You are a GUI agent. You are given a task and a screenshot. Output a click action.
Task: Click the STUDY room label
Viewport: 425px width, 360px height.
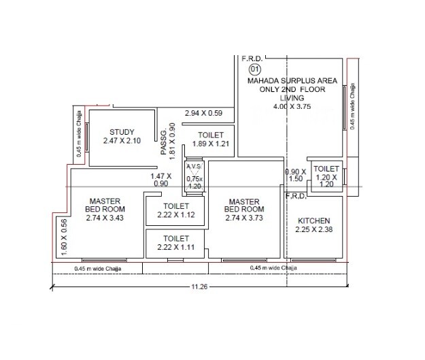122,132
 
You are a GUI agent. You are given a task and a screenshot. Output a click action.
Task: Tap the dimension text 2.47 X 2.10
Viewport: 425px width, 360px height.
122,141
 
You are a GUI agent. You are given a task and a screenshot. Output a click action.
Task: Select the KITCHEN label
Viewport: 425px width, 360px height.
313,221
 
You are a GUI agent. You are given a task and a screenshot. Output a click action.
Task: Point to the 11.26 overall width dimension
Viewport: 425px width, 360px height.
199,287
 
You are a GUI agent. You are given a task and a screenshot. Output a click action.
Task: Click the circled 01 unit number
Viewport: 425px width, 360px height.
255,69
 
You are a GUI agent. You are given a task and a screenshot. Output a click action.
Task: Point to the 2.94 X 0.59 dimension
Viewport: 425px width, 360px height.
204,113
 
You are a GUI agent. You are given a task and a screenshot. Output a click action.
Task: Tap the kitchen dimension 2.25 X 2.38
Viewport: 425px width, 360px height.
313,230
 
